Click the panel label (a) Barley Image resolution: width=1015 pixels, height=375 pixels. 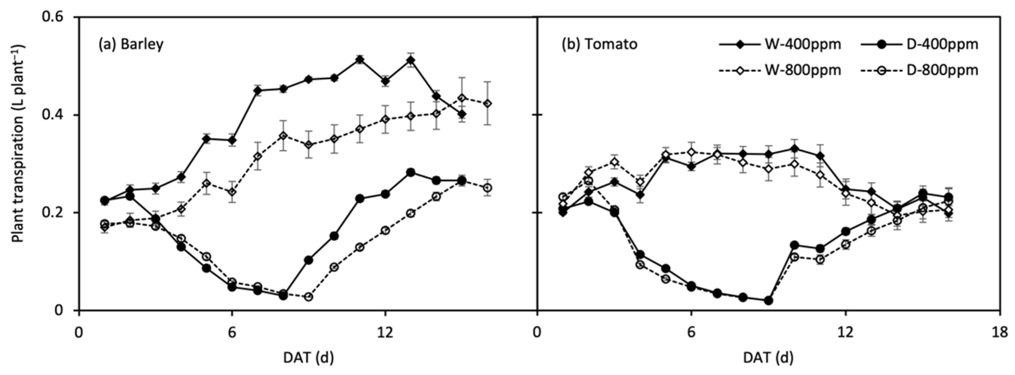coord(131,44)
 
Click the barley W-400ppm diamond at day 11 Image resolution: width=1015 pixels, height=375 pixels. coord(359,59)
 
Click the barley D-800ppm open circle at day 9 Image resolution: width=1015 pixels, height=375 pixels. coord(308,296)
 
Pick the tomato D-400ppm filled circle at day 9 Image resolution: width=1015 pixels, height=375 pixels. coord(768,301)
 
